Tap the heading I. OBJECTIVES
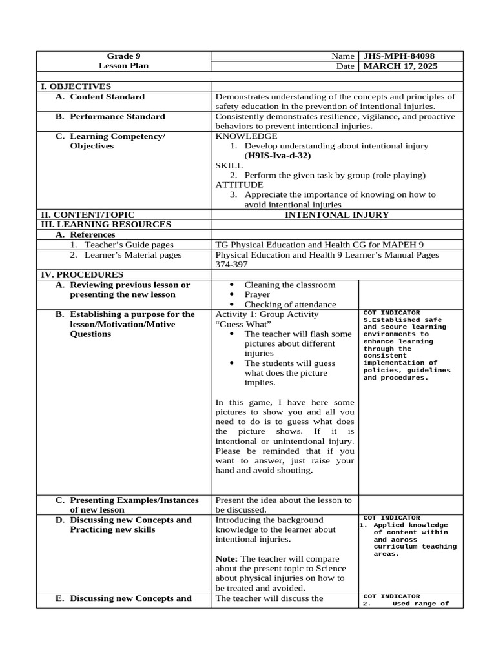(76, 86)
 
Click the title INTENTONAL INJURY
(337, 215)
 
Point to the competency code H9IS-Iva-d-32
(278, 156)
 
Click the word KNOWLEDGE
(246, 136)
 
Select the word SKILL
(229, 165)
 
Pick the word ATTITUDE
(239, 185)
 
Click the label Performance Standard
(117, 117)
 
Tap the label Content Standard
(107, 97)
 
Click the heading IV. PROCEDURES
(81, 274)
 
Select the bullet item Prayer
(257, 294)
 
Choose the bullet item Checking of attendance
(290, 304)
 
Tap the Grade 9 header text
(123, 56)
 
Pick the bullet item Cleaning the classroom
(290, 285)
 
